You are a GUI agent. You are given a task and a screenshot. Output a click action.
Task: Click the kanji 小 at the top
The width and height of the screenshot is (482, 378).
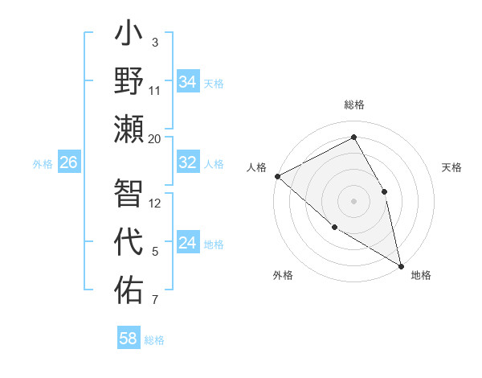(x=129, y=37)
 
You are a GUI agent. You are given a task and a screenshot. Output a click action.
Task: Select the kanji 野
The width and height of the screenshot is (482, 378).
(x=129, y=80)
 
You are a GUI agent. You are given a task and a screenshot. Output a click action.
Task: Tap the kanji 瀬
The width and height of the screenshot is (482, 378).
(x=129, y=128)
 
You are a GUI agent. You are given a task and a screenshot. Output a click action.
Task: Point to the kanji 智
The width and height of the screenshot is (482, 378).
(x=129, y=193)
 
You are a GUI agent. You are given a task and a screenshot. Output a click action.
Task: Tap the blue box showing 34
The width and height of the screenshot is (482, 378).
(x=188, y=82)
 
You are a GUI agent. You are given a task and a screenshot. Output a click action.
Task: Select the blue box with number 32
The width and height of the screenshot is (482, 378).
(x=188, y=162)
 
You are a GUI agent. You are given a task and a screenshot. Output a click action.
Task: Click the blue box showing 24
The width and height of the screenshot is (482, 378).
(x=188, y=243)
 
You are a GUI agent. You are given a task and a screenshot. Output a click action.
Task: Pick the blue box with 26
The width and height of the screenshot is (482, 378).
(x=68, y=162)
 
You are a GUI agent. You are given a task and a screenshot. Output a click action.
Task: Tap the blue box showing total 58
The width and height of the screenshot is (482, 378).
(x=128, y=339)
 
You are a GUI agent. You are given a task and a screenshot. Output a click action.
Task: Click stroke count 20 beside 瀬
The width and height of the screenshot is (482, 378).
(x=155, y=139)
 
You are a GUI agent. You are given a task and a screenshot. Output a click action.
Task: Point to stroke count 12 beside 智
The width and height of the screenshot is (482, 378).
(x=155, y=203)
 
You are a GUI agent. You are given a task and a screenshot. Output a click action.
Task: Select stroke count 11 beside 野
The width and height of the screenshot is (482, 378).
(x=155, y=91)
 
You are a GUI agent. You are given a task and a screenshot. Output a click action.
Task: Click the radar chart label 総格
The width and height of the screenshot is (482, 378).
(x=353, y=105)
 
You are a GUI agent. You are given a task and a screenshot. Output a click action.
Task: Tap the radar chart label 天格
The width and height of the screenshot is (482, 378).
(x=452, y=167)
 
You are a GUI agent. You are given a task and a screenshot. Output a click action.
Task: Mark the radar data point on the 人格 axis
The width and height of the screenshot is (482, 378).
(x=277, y=176)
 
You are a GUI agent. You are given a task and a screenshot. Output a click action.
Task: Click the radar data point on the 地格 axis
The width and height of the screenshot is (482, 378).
(x=401, y=265)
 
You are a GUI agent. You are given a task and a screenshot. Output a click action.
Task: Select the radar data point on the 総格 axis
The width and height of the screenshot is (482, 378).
(x=353, y=138)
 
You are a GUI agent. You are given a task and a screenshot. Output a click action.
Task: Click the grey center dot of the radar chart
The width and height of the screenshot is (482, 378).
(x=353, y=200)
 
